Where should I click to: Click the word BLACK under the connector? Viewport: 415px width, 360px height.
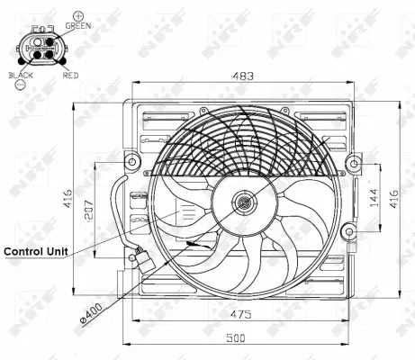(x=21, y=76)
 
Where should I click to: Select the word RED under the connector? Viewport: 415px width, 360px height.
(x=70, y=76)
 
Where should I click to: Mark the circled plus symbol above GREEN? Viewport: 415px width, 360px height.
(x=78, y=15)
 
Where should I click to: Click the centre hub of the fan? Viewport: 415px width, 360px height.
(x=242, y=203)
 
